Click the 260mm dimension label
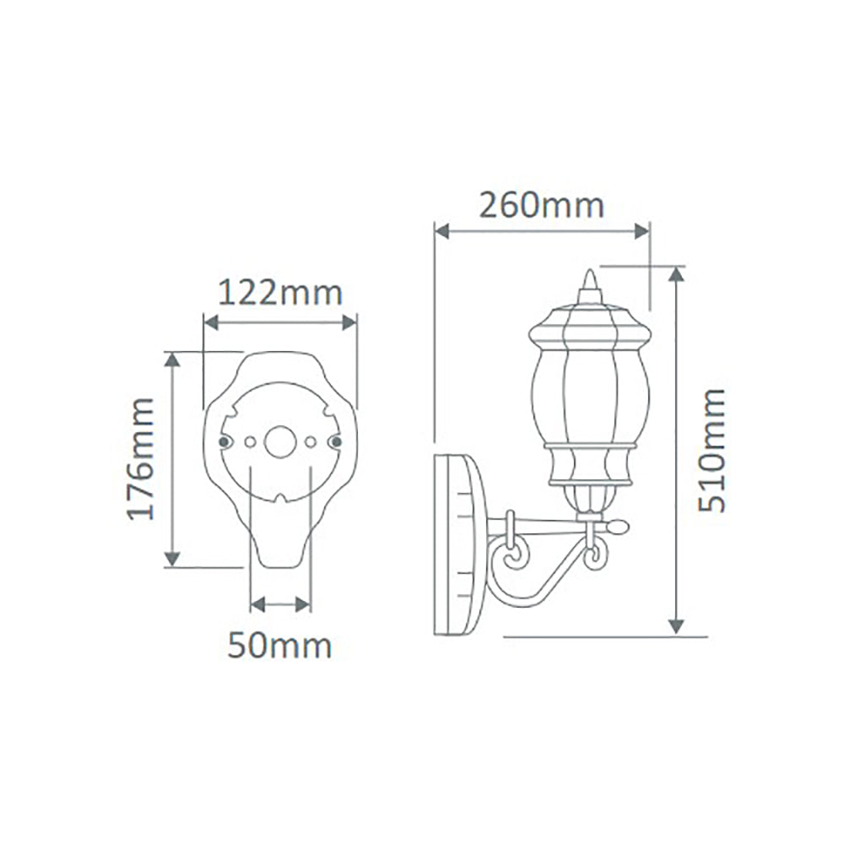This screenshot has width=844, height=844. coord(541,205)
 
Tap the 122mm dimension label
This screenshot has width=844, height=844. coord(280,294)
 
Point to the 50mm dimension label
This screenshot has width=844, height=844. coord(279,647)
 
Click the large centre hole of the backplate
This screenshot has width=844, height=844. coord(279,441)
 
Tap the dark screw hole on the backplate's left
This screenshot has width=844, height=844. coord(224,441)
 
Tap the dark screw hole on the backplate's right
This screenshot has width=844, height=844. coord(335,441)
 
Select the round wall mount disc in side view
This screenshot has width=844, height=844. coord(458,546)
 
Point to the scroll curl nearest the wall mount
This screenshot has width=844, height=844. coord(513,558)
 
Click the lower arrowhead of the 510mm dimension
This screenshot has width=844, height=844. coord(676,625)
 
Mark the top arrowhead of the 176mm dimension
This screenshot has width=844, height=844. coord(172,360)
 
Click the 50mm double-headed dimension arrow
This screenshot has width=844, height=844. coord(280,604)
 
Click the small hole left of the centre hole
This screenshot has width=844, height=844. coord(249,441)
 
